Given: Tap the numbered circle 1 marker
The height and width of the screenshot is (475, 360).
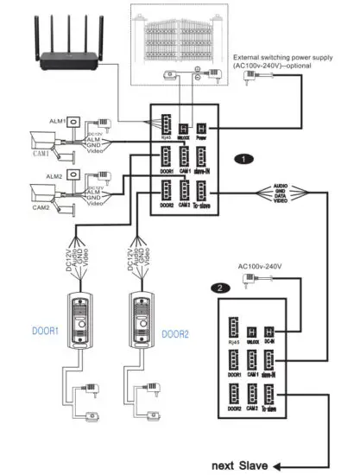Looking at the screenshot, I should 246,159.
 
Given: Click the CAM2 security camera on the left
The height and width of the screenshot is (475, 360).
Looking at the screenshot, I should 43,194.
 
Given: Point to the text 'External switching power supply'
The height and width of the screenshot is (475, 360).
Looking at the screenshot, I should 282,57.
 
